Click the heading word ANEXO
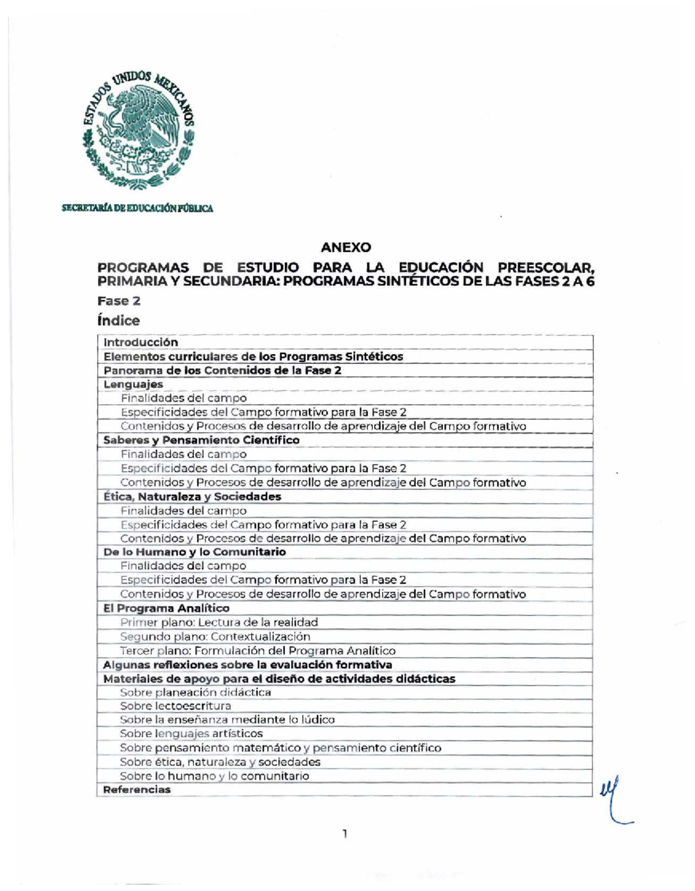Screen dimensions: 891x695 [346, 247]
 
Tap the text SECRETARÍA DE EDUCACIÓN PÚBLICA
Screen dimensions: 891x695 [138, 208]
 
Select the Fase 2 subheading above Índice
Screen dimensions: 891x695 [119, 301]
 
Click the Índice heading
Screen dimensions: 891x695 [119, 320]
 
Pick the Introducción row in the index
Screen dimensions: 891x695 [141, 342]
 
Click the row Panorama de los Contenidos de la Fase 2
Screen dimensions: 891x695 [222, 371]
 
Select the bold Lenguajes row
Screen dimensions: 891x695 [133, 384]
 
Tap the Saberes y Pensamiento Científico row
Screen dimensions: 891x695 [202, 440]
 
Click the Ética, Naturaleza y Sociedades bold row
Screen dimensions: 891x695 [192, 497]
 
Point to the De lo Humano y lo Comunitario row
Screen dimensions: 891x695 [195, 552]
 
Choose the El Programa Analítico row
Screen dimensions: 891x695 [166, 608]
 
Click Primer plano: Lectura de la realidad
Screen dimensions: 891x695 [219, 622]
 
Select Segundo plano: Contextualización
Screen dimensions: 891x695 [215, 636]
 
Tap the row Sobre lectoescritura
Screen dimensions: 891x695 [175, 706]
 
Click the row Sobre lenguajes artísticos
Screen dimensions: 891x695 [191, 734]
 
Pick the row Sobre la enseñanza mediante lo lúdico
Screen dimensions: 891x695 [227, 720]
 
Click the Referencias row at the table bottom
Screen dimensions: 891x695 [137, 790]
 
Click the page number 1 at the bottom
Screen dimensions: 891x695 [345, 834]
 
